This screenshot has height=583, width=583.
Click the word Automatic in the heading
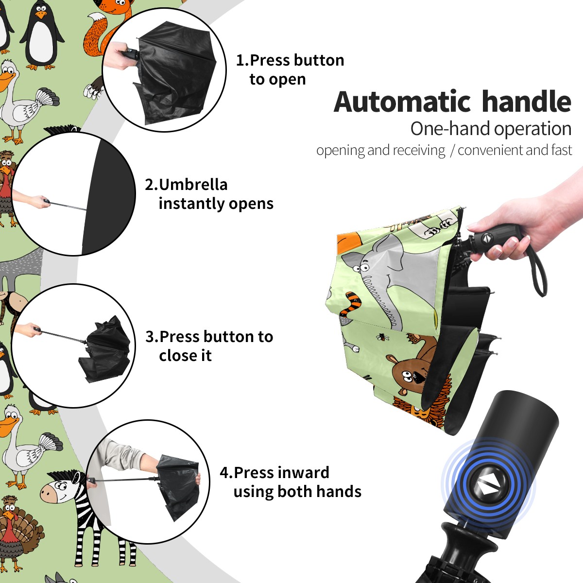[x=402, y=102]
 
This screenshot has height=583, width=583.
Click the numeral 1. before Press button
[x=242, y=60]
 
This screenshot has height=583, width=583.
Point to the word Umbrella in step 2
[x=193, y=185]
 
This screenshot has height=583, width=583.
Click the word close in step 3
[x=175, y=356]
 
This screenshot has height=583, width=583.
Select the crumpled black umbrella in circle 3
[x=104, y=348]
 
